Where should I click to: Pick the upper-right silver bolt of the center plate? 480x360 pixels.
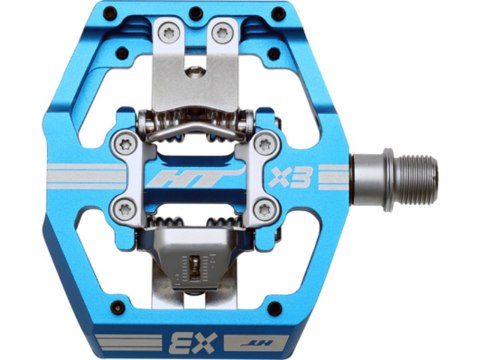pyautogui.click(x=264, y=143)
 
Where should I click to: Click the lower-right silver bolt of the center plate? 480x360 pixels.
pyautogui.click(x=265, y=209)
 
